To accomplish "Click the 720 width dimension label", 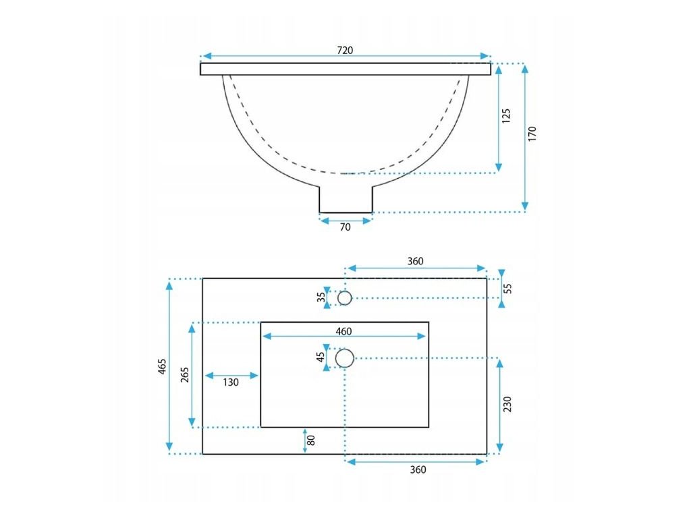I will click(345, 51).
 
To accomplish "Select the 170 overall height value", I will click(532, 134).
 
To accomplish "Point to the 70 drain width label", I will click(345, 227).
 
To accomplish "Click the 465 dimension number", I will click(162, 366).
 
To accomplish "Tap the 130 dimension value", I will click(231, 382).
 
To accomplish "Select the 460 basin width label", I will click(344, 331).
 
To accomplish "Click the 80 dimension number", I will click(311, 440).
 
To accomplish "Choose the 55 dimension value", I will click(508, 288).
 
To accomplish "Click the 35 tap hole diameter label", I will click(321, 297).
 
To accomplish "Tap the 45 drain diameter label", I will click(321, 357).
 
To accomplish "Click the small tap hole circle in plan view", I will click(345, 297).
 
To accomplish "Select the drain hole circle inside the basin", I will click(345, 358).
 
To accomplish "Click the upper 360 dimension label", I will click(416, 262).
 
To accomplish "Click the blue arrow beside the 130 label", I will click(231, 375).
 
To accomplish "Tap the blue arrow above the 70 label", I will click(345, 220).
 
